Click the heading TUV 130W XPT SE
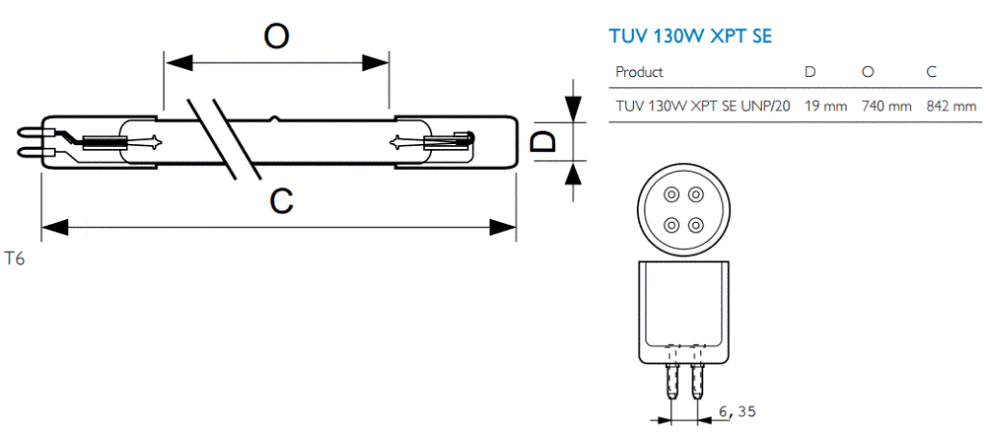point(691,36)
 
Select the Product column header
point(639,72)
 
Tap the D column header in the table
point(810,72)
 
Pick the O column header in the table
point(869,72)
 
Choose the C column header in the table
point(931,72)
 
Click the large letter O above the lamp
point(276,36)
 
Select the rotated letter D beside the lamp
point(543,141)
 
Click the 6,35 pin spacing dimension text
point(735,412)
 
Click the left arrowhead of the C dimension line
point(55,227)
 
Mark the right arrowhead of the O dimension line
point(375,62)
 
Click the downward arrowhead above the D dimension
point(571,106)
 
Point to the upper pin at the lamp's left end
point(34,133)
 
